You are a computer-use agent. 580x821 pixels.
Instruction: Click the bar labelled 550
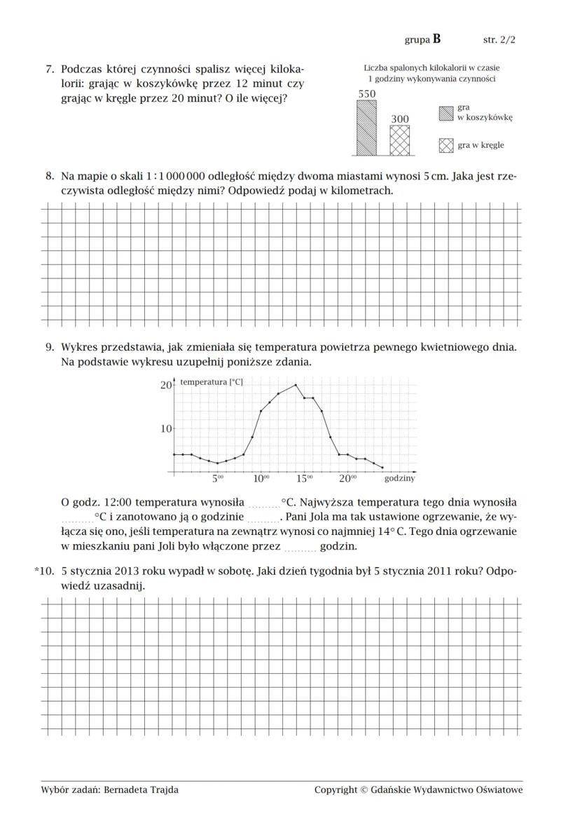(366, 128)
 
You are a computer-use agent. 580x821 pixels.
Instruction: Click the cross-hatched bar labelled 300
(399, 141)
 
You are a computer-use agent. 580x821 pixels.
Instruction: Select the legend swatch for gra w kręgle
(446, 145)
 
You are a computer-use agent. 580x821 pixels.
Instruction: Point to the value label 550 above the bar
(366, 94)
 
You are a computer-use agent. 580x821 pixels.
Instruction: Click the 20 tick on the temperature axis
(166, 385)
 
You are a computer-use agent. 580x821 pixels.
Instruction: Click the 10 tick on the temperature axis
(166, 428)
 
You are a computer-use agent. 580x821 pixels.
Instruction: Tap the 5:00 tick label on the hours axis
(217, 479)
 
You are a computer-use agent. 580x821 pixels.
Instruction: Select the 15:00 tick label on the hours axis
(304, 479)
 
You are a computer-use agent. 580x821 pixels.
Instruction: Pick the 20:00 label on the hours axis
(347, 479)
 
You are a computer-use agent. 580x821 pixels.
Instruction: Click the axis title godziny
(399, 479)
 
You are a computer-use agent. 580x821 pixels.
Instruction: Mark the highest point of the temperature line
(296, 384)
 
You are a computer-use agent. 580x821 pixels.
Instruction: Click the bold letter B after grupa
(437, 39)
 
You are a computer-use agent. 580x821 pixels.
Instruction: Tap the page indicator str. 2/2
(499, 40)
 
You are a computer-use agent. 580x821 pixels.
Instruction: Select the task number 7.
(50, 69)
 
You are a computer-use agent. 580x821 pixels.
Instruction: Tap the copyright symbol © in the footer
(364, 790)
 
